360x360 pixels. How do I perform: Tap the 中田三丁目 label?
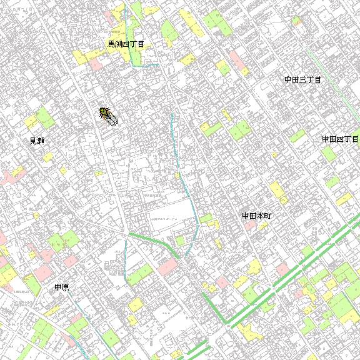(302, 80)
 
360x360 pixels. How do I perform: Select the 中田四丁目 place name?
(340, 139)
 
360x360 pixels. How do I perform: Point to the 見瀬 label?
(37, 141)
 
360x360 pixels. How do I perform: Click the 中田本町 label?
(257, 216)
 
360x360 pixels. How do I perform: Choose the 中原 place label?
(61, 287)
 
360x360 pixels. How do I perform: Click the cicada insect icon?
(107, 116)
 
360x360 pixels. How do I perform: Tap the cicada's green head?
(102, 111)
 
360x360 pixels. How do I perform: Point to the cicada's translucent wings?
(112, 119)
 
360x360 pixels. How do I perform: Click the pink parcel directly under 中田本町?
(249, 226)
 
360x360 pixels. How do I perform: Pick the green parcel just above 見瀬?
(43, 117)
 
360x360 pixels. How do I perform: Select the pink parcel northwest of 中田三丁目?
(236, 59)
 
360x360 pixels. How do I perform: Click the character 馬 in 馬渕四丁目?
(111, 44)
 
